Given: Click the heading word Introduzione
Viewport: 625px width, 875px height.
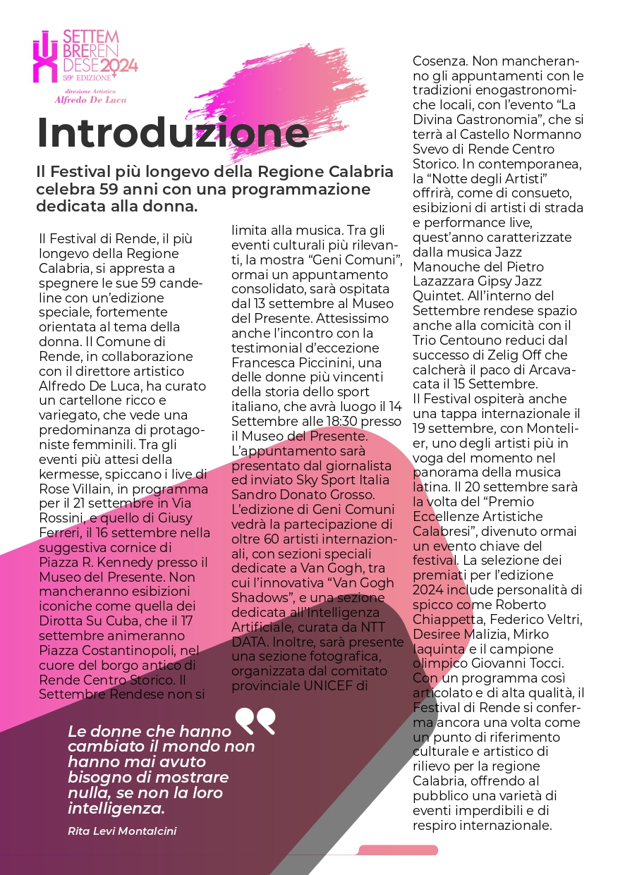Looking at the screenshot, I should pyautogui.click(x=173, y=133).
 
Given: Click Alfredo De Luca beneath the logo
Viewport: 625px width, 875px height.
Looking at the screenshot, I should pyautogui.click(x=90, y=99).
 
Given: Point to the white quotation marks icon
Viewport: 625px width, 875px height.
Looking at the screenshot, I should pyautogui.click(x=255, y=721).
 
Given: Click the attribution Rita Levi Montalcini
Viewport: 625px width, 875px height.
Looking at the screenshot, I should pyautogui.click(x=121, y=831).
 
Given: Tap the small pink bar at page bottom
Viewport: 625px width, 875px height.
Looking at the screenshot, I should pyautogui.click(x=398, y=850).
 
